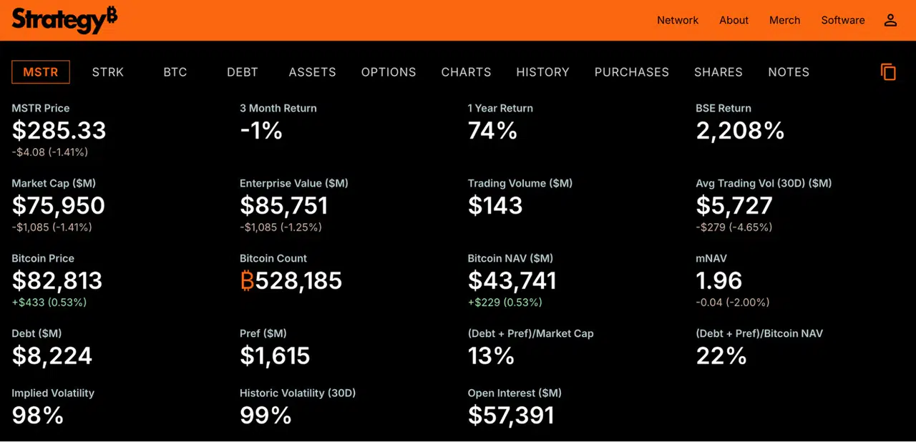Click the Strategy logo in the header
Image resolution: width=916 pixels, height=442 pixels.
coord(64,20)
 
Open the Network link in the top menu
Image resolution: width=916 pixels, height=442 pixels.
coord(678,20)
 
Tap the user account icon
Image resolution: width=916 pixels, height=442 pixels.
coord(890,20)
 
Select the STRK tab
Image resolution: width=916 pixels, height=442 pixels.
coord(107,72)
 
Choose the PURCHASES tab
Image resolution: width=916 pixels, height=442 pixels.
coord(631,72)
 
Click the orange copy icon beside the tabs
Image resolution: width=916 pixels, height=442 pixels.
coord(888,72)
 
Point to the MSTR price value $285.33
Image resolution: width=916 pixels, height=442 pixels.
coord(59,130)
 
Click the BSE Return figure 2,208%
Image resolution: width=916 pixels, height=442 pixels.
coord(740,131)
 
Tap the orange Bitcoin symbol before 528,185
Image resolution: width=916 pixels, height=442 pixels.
coord(247,280)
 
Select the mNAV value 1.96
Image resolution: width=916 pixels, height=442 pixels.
coord(718,280)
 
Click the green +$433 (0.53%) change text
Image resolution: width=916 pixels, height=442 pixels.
coord(49,303)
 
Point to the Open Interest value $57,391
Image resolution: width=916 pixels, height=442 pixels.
coord(511,416)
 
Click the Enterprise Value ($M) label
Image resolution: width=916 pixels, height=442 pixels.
coord(293,183)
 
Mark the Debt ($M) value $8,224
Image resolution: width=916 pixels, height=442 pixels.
coord(52,355)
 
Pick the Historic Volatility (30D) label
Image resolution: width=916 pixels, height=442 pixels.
coord(297,393)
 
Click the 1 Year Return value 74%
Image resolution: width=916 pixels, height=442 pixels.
coord(492,131)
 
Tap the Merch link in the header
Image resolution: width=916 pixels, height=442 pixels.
coord(784,20)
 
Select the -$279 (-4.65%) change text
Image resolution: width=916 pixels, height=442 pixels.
coord(734,227)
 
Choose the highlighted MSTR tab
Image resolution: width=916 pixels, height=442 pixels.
coord(41,72)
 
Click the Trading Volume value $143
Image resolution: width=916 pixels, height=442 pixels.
coord(495,205)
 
